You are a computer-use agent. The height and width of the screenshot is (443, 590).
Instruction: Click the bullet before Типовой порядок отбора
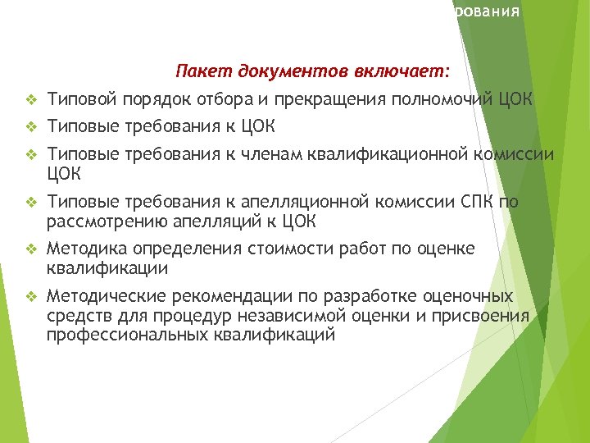pos(31,101)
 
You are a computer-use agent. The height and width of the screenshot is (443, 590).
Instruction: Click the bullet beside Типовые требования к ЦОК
pos(31,127)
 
